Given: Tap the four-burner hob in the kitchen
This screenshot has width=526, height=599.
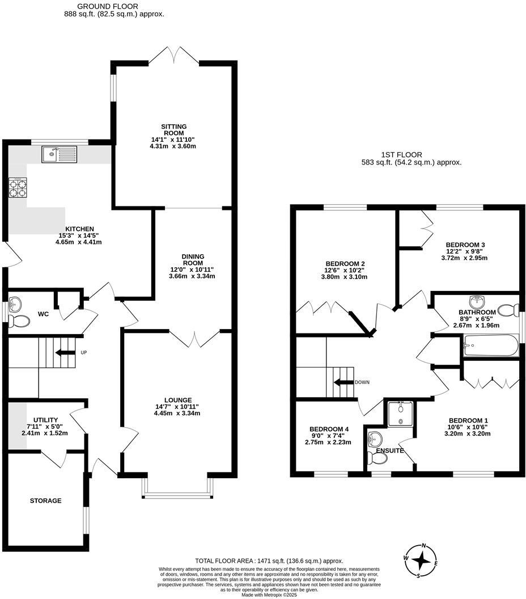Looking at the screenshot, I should pos(18,188).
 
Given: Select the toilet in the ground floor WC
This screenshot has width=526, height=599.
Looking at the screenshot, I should pos(19,321).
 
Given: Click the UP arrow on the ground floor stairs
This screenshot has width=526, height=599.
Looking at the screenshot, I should pos(65,352).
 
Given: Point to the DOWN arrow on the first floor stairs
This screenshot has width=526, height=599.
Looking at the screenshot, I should pos(343,382).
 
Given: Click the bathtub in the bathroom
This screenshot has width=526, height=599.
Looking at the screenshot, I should pos(491,345).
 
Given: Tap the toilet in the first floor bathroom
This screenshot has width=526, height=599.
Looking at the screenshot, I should pos(508,310).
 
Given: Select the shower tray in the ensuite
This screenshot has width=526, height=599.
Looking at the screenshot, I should pos(401,413).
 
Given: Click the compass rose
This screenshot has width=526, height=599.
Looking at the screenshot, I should pos(422,560).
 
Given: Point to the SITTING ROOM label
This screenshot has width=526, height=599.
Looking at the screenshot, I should pos(173,130).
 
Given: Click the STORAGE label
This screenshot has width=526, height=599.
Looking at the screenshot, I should pos(45,501).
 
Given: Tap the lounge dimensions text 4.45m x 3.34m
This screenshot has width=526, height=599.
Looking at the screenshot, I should pos(179,414).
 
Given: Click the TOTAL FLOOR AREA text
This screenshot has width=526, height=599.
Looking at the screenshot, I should pos(269,560).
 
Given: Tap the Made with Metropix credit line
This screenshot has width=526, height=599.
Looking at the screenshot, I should pos(269,595).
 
